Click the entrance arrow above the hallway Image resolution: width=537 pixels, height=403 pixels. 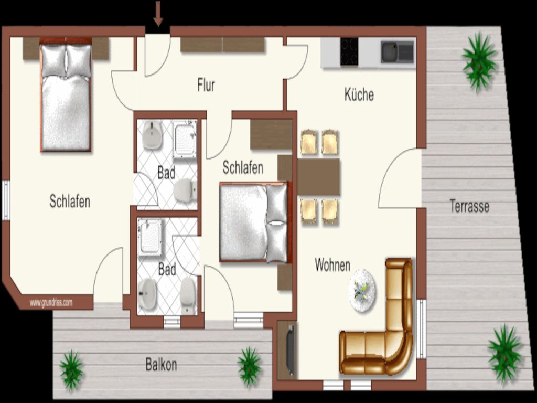(158, 13)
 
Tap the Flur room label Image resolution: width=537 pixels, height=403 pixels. (206, 85)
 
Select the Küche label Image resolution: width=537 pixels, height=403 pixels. (359, 94)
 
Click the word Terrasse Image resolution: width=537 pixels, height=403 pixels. (469, 206)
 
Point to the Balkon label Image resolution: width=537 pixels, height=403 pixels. (161, 364)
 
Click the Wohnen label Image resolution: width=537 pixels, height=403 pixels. (332, 265)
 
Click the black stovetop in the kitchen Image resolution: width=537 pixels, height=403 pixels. (349, 52)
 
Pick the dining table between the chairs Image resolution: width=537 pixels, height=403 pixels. (318, 177)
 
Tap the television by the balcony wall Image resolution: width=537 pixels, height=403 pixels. (290, 350)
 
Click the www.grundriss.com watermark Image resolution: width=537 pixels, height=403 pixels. (51, 303)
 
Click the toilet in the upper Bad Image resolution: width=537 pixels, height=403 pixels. (185, 189)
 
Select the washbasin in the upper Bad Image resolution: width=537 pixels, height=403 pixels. (152, 135)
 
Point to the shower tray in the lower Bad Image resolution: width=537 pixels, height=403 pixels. (149, 238)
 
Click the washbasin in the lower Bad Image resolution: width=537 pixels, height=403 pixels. (147, 294)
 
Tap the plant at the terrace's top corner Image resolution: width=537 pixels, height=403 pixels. (479, 62)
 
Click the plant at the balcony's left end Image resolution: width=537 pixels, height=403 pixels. (71, 371)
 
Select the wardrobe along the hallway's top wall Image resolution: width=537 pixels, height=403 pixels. (222, 45)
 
